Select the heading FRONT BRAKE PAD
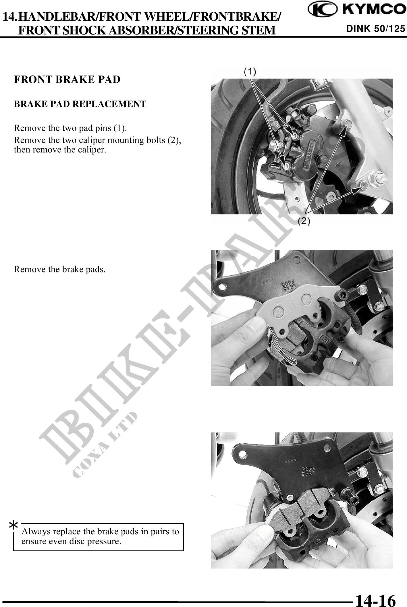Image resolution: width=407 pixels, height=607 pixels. pos(67,80)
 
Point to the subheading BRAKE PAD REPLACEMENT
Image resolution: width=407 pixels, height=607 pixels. pos(80,104)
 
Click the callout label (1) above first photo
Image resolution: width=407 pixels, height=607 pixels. pos(250,71)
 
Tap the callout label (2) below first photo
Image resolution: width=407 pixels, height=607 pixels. pos(304,221)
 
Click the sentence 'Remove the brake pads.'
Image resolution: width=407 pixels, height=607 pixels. pos(60,269)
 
